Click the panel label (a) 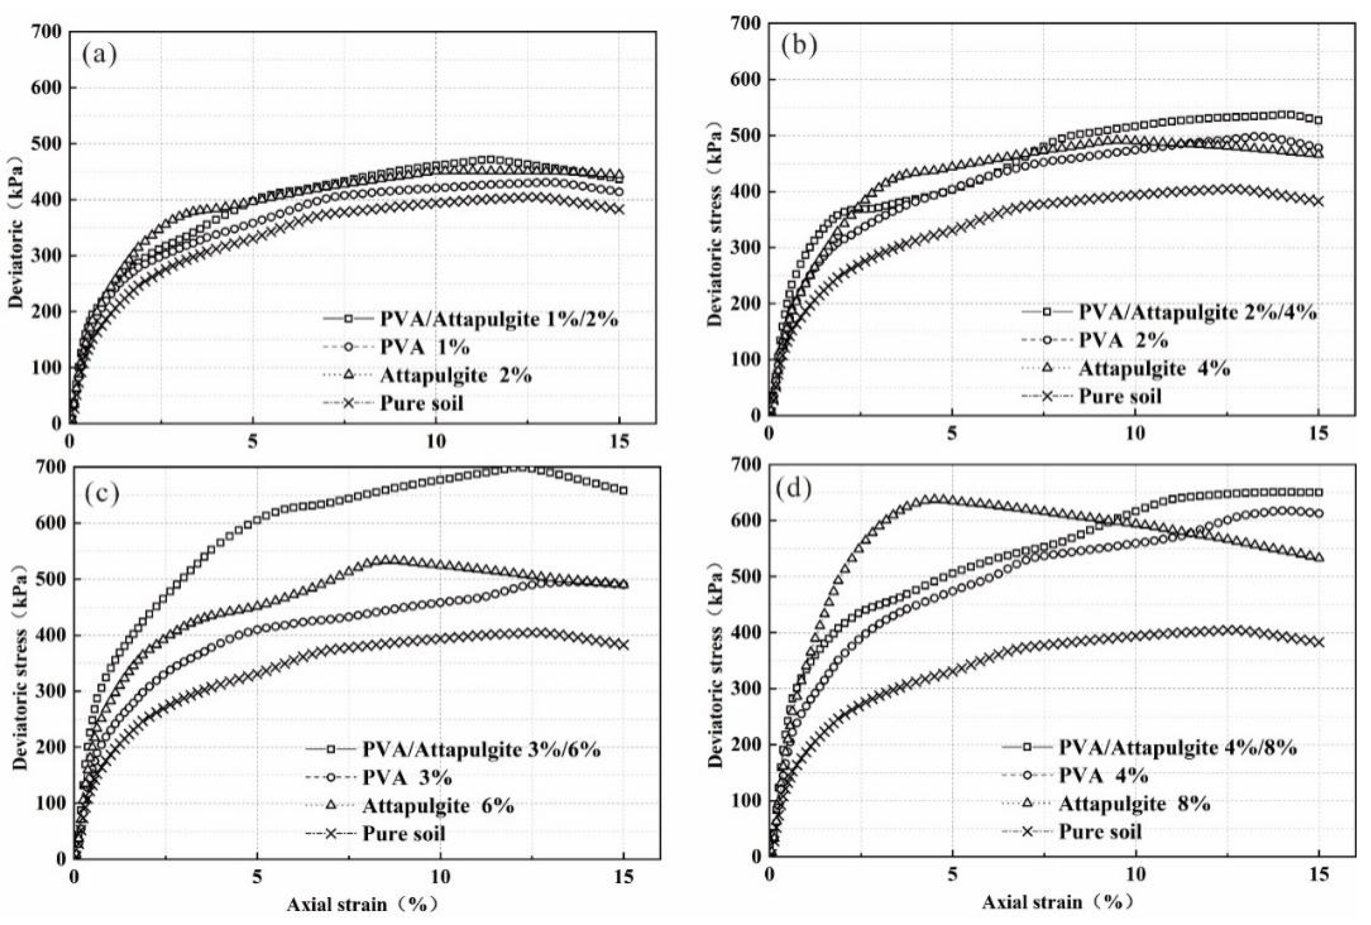pyautogui.click(x=99, y=56)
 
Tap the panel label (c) pyautogui.click(x=102, y=493)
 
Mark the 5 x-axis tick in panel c pyautogui.click(x=257, y=877)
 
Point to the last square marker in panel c pyautogui.click(x=623, y=491)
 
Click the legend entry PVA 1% pyautogui.click(x=424, y=347)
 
